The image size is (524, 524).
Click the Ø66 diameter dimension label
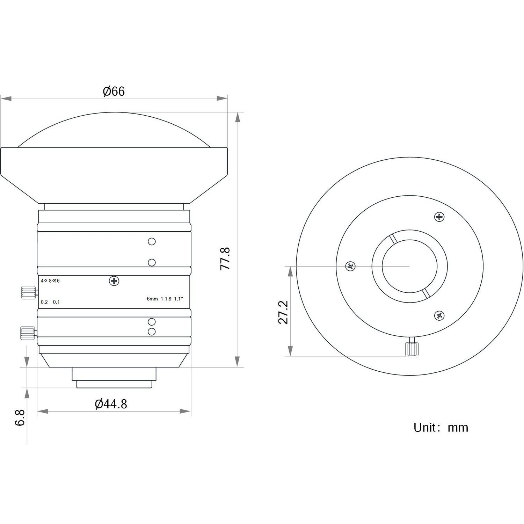coord(114,92)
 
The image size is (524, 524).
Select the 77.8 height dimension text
coord(225,259)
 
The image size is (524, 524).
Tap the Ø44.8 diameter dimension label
coord(111,404)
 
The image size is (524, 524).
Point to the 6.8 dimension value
coord(20,417)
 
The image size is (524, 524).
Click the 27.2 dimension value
coord(283,312)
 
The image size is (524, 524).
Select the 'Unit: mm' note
coord(441,427)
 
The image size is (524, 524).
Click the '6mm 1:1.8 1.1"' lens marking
coord(165,299)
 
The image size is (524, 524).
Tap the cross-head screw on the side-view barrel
coord(114,281)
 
